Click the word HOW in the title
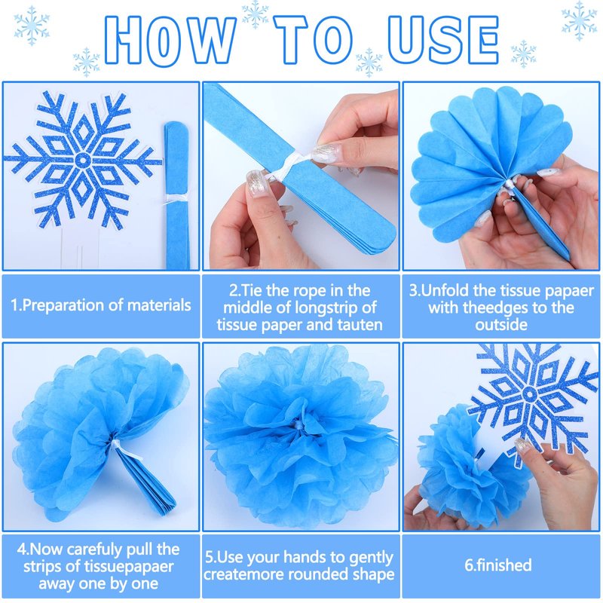(170, 40)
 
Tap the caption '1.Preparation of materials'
(101, 305)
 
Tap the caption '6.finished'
(498, 565)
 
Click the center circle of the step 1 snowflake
(82, 160)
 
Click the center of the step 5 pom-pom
(298, 426)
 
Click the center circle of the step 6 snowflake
(529, 393)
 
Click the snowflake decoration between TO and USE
(369, 62)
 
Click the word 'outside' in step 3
(501, 325)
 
